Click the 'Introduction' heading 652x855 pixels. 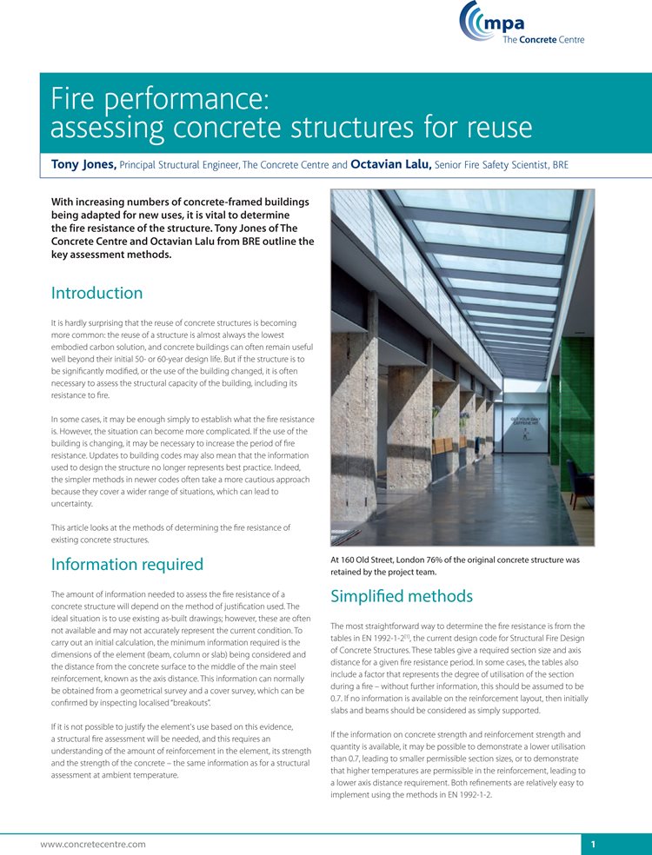[x=96, y=293]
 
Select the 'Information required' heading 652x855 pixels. [x=127, y=565]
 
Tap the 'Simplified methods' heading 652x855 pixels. [x=402, y=597]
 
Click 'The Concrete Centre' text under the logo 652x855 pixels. [x=543, y=39]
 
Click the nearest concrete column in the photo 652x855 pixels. [x=354, y=417]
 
